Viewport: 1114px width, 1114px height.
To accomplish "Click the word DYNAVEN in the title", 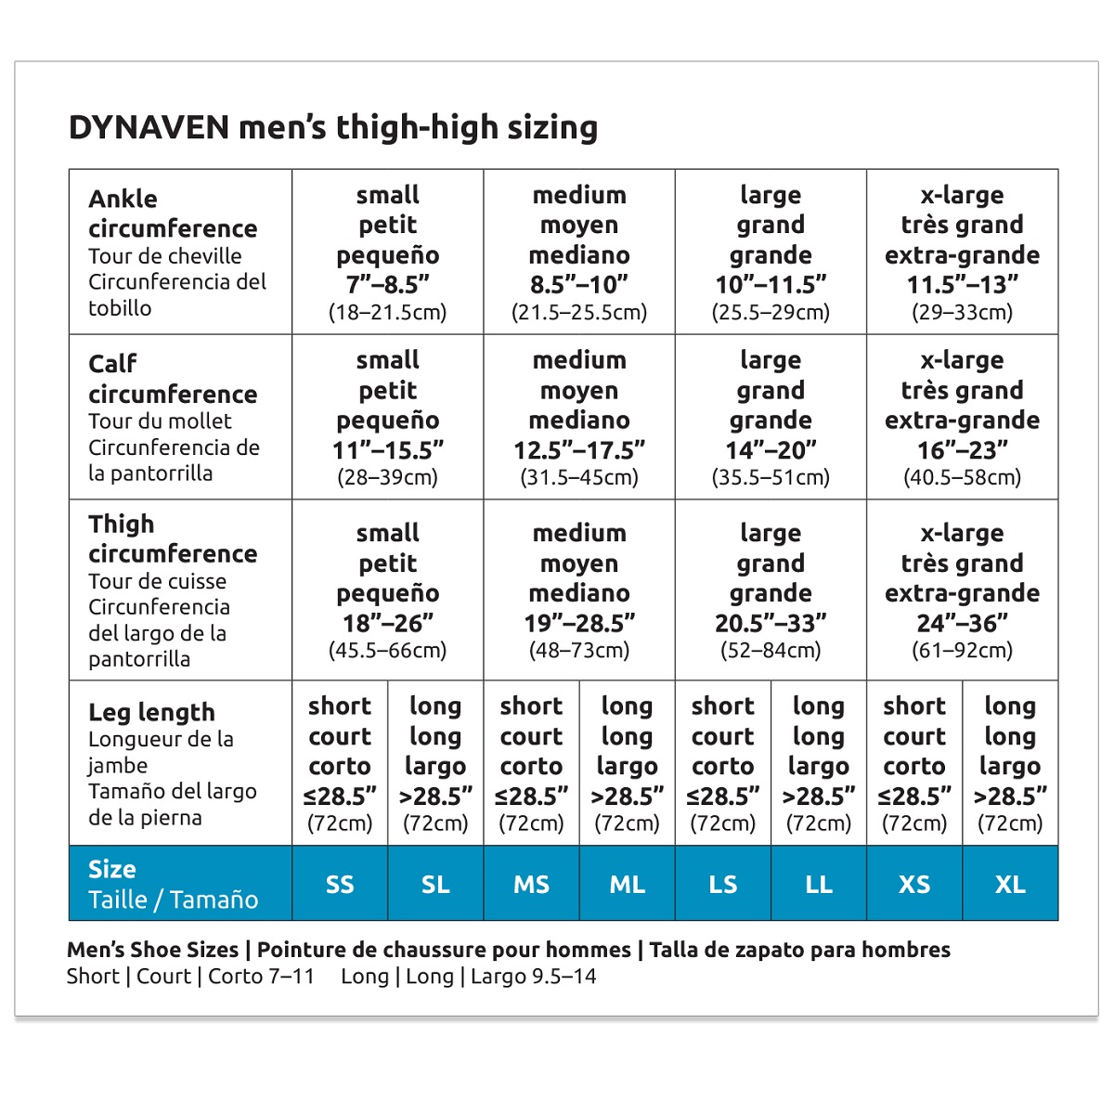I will [149, 127].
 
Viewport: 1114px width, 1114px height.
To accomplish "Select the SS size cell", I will [340, 885].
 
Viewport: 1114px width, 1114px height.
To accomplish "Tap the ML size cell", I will [627, 885].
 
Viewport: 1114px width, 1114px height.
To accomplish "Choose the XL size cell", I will [1010, 885].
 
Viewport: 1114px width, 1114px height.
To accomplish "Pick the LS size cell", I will [722, 885].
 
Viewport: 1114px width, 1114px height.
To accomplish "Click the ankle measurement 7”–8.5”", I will [388, 285].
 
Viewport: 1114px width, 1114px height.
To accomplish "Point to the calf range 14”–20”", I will [771, 450].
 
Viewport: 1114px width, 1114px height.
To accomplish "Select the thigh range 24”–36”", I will [962, 623].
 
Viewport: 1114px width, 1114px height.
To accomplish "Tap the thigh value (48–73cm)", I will [579, 651].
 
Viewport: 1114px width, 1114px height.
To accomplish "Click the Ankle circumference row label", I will [173, 214].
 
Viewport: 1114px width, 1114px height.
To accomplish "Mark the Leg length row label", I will [151, 712].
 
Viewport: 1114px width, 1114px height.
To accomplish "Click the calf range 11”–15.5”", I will [388, 450].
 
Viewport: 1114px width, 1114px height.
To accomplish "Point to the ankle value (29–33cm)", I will [962, 313].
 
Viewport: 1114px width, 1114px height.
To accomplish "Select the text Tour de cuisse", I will [157, 581].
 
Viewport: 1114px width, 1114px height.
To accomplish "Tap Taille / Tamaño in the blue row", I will [173, 900].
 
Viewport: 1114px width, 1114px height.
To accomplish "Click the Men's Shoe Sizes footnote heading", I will [152, 950].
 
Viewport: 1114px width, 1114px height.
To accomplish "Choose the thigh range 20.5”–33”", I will [771, 623].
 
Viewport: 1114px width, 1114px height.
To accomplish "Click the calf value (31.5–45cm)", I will [579, 478].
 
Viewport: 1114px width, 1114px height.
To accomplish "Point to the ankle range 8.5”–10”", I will [579, 285].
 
